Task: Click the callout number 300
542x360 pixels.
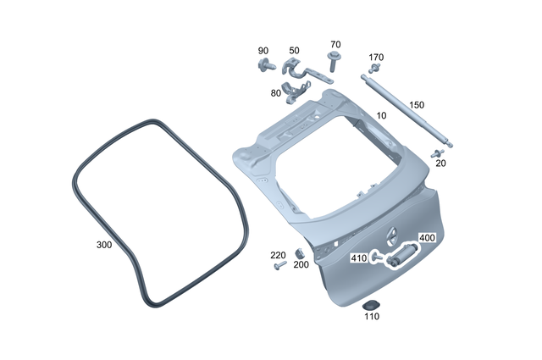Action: (104, 244)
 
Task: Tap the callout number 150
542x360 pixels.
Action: (417, 105)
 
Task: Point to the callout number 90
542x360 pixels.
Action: (263, 51)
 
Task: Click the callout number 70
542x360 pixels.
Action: (335, 44)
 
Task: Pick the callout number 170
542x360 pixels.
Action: (376, 58)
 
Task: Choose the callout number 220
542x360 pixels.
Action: (277, 255)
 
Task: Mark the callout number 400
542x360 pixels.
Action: (427, 238)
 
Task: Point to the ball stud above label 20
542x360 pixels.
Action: (437, 152)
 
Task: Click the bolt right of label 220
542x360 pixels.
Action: (281, 266)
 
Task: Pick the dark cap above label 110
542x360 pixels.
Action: (370, 304)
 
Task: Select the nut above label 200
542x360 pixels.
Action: (300, 254)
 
